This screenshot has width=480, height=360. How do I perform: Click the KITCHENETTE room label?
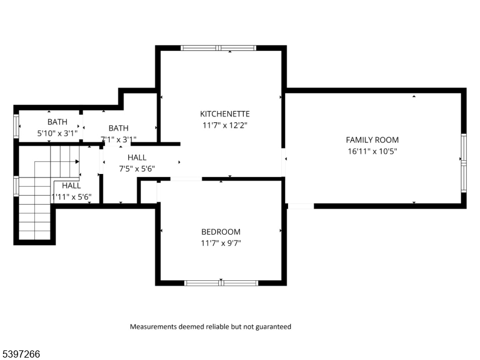tap(224, 113)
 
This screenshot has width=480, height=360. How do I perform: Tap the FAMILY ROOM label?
tap(372, 140)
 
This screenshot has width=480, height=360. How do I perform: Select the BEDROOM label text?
tap(221, 232)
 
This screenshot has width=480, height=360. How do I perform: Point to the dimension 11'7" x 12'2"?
tap(224, 125)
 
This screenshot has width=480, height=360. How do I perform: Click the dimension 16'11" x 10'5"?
tap(372, 151)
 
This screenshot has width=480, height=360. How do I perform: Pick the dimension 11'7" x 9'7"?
tap(221, 243)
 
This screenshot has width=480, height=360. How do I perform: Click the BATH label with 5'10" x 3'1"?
tap(58, 122)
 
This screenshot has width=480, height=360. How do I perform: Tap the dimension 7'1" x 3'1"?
tap(118, 139)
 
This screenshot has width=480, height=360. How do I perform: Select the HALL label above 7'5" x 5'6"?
tap(137, 157)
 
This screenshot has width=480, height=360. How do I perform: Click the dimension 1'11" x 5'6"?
tap(71, 197)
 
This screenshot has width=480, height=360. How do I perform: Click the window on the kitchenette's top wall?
tap(219, 47)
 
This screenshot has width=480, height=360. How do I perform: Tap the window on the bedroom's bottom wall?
tap(221, 282)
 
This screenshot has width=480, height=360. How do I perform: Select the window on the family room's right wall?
tap(463, 162)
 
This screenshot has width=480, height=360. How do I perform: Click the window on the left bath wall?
tap(16, 126)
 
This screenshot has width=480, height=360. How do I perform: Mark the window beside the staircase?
tap(16, 185)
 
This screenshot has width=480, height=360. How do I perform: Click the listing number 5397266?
tap(21, 354)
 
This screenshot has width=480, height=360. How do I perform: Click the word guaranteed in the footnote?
tap(273, 327)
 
